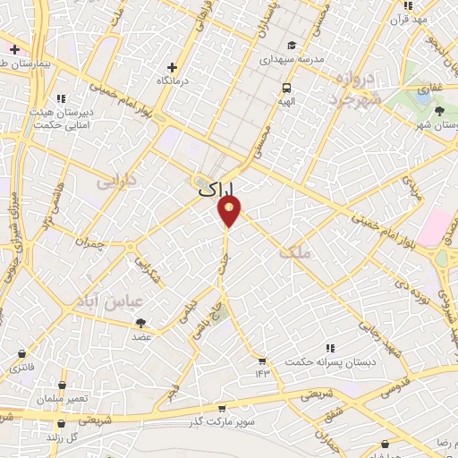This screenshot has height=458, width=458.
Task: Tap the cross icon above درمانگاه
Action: pos(174,67)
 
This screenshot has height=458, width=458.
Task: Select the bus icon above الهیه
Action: pos(286,88)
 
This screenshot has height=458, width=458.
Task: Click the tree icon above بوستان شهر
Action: pos(439,111)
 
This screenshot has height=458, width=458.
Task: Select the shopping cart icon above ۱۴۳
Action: pos(262,360)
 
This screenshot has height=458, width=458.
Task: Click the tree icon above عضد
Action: pos(141,324)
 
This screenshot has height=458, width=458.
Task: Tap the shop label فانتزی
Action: pos(19,368)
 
